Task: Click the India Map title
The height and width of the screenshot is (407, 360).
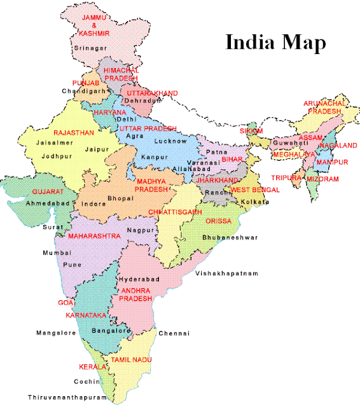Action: pyautogui.click(x=275, y=43)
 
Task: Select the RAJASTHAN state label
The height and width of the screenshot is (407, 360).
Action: pyautogui.click(x=74, y=133)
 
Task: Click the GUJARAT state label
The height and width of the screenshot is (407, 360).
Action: pyautogui.click(x=48, y=191)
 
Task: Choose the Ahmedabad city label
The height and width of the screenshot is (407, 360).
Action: pyautogui.click(x=48, y=203)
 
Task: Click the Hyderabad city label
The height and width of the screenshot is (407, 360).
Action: pyautogui.click(x=139, y=279)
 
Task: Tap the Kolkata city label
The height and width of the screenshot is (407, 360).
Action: pyautogui.click(x=256, y=202)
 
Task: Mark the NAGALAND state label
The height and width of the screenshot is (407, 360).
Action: pyautogui.click(x=338, y=146)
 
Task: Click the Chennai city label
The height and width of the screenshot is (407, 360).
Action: pyautogui.click(x=174, y=333)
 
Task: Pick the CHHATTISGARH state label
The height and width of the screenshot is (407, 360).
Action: pyautogui.click(x=175, y=211)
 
